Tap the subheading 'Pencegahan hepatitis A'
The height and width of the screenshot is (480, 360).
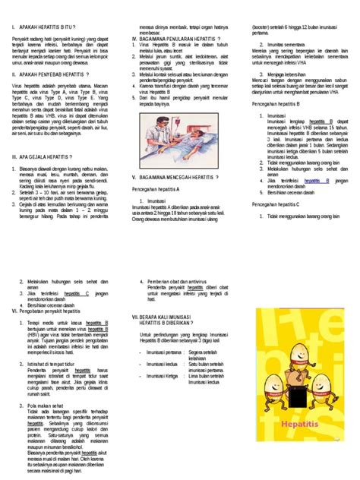click(156, 188)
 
